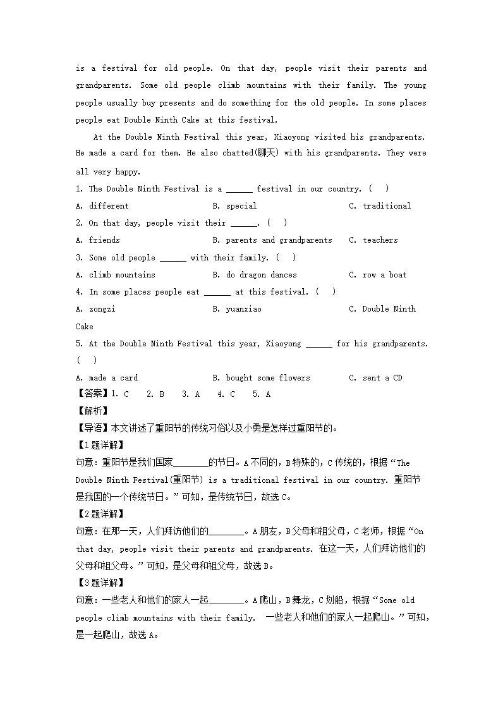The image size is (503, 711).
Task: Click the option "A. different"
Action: (x=102, y=205)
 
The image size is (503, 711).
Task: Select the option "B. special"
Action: (x=234, y=205)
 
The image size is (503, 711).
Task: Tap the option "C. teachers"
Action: (x=373, y=240)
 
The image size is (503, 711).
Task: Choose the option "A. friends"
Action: (x=97, y=240)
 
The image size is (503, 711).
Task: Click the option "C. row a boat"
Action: (x=378, y=275)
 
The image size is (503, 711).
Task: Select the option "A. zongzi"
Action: (x=95, y=309)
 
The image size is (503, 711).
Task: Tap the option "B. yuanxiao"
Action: (x=237, y=309)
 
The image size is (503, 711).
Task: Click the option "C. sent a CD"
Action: (x=375, y=378)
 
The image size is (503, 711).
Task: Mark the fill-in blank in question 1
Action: (x=239, y=189)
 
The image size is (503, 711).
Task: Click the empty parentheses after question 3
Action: (x=286, y=257)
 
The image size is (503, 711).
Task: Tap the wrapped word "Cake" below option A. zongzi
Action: (x=85, y=327)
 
